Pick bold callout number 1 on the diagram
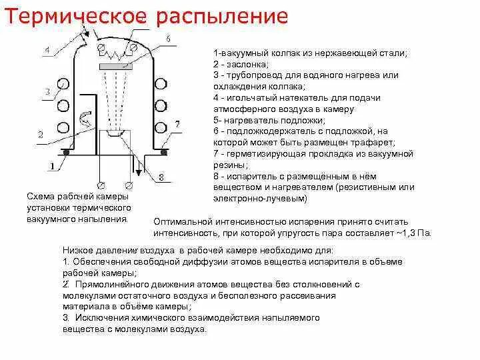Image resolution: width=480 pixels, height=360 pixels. click(x=53, y=163)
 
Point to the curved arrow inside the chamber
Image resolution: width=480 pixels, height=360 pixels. click(x=84, y=121)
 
